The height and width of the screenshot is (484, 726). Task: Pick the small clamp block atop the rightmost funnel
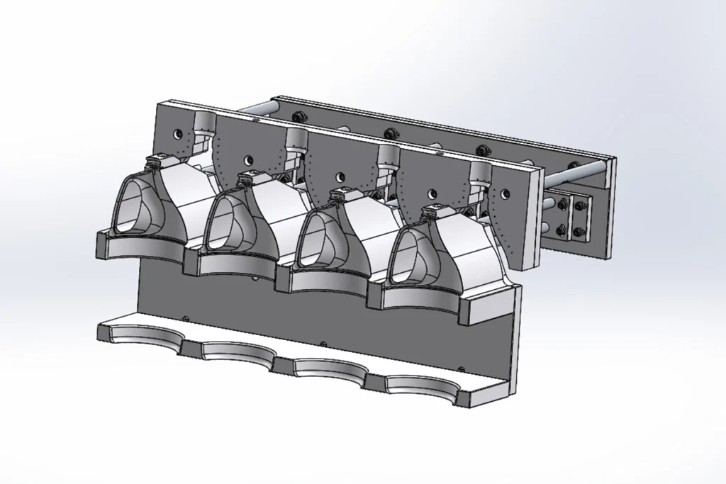click(x=433, y=210)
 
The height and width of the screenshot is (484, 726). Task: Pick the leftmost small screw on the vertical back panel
click(x=185, y=318)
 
